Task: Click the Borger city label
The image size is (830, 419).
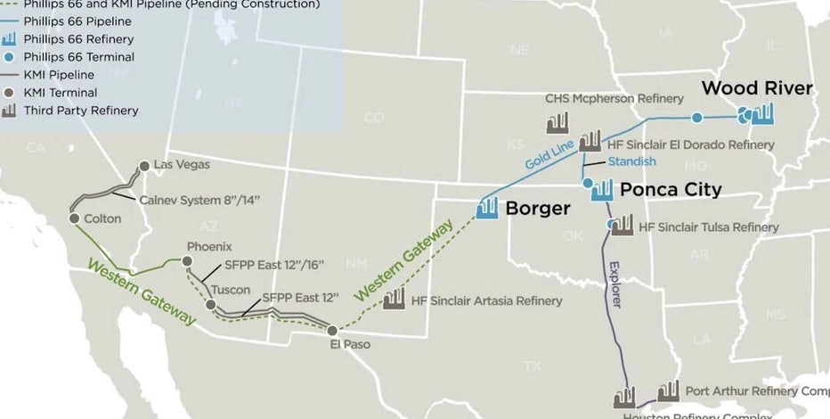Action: [x=538, y=209]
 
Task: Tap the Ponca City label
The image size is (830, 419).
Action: [x=670, y=189]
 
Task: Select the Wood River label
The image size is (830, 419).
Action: [x=757, y=87]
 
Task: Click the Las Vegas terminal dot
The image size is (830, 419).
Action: [x=144, y=166]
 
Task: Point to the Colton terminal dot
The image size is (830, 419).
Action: [x=74, y=218]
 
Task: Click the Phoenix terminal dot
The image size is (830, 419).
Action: [x=187, y=261]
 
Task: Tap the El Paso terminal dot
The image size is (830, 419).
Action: [x=332, y=330]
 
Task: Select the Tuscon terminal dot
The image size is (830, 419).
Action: [x=211, y=305]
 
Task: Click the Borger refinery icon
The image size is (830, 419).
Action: [x=487, y=208]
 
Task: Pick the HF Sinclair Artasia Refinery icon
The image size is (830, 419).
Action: [x=393, y=299]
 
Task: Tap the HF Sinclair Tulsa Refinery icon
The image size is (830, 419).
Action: [x=622, y=224]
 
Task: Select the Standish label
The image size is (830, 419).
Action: [x=631, y=161]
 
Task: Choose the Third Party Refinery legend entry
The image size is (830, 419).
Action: [x=87, y=111]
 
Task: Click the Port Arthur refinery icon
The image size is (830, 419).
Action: [x=668, y=390]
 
